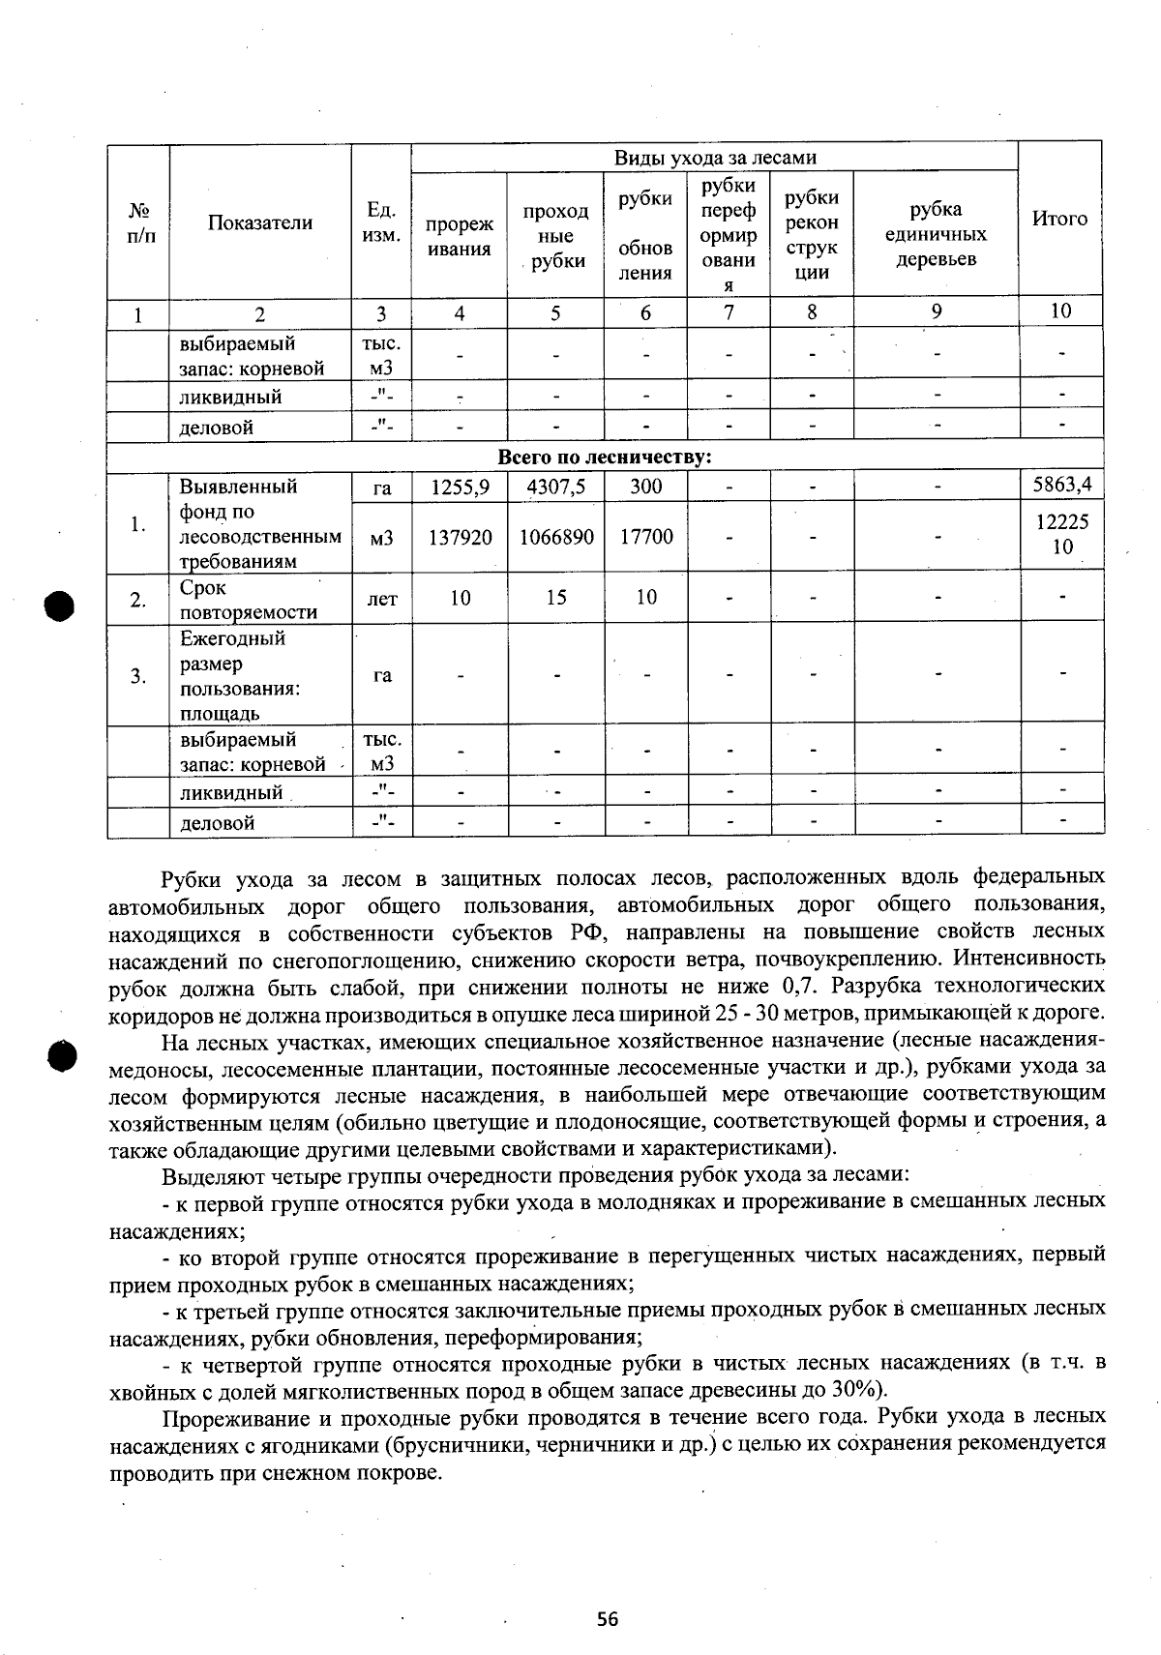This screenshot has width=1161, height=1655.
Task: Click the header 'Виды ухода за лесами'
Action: [715, 158]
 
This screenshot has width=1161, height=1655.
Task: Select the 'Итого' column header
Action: [1059, 220]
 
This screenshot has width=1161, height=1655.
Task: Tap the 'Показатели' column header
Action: [259, 223]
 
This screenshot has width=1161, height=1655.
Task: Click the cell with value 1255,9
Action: [460, 488]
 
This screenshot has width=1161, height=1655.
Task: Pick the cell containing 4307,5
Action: [555, 488]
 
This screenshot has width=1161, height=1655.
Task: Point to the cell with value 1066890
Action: [556, 537]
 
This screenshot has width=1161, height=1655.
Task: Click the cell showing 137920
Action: [460, 537]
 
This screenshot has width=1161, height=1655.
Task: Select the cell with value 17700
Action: [645, 537]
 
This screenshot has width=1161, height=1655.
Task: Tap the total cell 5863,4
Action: [1061, 486]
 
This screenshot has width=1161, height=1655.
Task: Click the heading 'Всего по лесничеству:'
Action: [605, 458]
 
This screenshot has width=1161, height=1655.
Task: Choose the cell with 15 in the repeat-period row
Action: [555, 598]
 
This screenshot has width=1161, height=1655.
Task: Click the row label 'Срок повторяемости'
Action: [248, 600]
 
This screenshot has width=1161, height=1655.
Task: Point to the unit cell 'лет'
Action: [382, 600]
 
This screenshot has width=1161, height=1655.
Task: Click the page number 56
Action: [608, 1619]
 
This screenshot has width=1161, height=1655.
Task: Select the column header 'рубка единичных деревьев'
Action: [936, 235]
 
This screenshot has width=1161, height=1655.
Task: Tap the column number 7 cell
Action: [728, 311]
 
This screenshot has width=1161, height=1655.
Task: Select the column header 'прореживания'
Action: [460, 237]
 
